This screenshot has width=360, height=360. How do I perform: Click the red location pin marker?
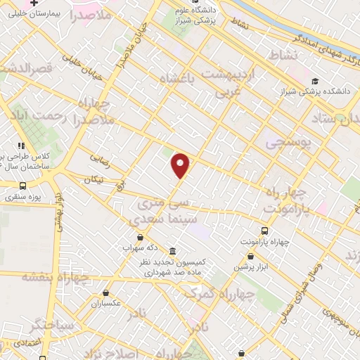click(x=181, y=165)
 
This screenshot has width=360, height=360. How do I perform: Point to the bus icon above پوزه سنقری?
click(x=23, y=186)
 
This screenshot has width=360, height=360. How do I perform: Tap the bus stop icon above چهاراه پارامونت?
click(x=264, y=231)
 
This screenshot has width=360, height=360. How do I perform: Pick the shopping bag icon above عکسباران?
click(x=105, y=293)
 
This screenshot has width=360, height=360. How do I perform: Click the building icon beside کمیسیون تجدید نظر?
click(x=172, y=252)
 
